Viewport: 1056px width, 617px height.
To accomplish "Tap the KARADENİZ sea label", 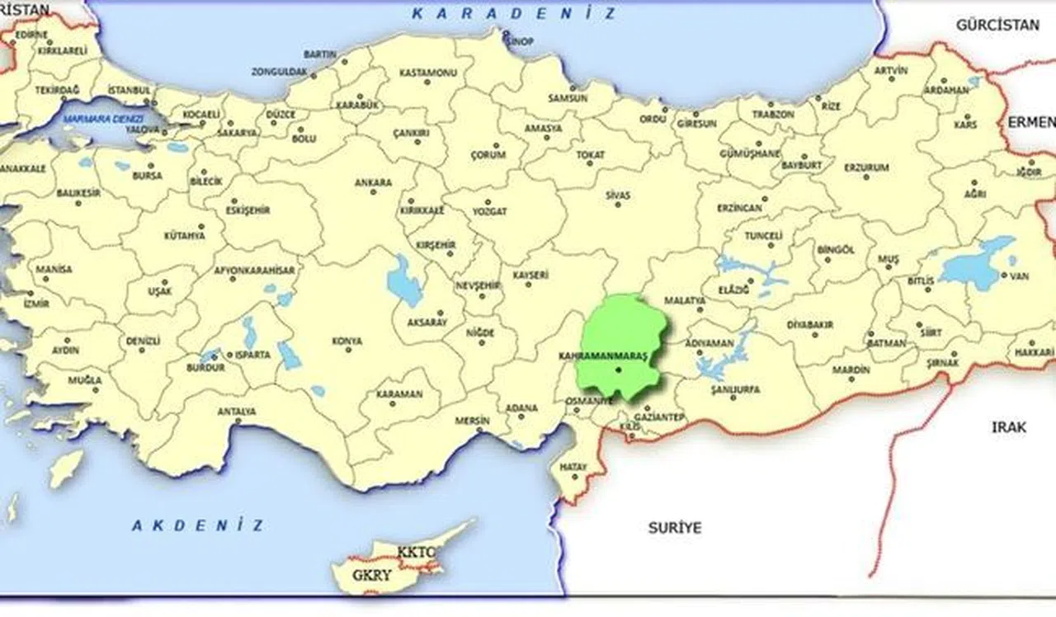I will pos(513,13).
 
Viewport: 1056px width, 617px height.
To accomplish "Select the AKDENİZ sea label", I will pos(198,525).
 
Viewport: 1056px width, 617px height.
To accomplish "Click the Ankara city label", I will pos(373,182).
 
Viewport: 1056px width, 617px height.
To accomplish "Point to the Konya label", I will pos(346,341).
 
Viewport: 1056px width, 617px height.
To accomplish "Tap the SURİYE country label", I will pos(673,527).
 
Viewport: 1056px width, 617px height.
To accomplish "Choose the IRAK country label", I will pos(1009,427).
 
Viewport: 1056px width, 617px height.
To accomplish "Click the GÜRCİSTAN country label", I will pos(997,25).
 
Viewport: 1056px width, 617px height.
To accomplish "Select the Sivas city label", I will pos(617,195).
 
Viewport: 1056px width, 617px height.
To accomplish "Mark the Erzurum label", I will pos(866,167).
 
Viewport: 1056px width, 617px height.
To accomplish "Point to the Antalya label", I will pos(236,411).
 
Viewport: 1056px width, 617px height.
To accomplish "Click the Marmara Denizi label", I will pos(103,116).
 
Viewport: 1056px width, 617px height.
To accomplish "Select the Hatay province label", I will pos(573,467).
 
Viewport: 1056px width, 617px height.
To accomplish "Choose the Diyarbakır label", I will pos(809,324).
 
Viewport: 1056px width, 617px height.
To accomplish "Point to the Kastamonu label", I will pos(427,73).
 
